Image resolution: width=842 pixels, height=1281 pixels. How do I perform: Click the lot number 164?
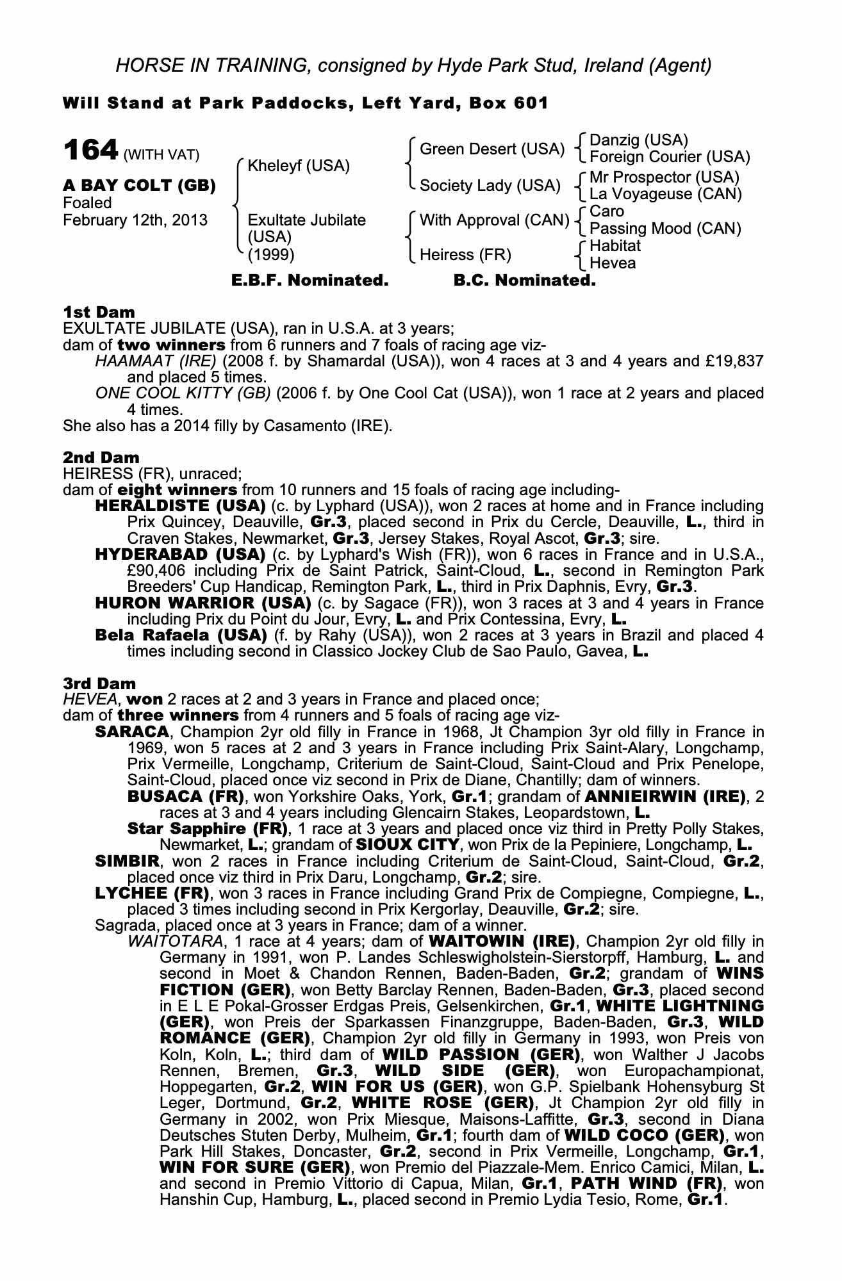coord(90,151)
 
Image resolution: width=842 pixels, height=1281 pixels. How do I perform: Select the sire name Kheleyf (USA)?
coord(298,167)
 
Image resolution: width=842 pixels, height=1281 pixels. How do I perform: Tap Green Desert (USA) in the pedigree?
coord(491,149)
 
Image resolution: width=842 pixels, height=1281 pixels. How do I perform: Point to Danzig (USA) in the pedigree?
coord(638,140)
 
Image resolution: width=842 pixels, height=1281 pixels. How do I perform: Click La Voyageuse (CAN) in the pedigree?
coord(665,194)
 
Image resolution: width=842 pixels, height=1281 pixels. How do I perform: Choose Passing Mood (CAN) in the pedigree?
coord(665,229)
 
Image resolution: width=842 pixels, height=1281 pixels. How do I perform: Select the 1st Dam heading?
coord(99,313)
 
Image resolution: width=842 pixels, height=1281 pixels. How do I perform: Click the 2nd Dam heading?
coord(101,458)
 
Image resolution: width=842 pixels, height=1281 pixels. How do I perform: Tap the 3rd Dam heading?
coord(99,683)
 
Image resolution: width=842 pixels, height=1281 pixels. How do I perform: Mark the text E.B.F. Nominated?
coord(310,281)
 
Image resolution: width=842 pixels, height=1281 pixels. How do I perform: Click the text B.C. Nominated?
coord(524,281)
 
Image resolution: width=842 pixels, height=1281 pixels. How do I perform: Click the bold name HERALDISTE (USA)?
coord(180,506)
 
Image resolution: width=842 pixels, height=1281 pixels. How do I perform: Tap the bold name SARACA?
coord(132,732)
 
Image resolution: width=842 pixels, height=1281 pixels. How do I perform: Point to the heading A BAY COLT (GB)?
coord(139,186)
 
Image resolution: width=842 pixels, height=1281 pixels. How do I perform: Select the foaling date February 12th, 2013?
coord(135,220)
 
